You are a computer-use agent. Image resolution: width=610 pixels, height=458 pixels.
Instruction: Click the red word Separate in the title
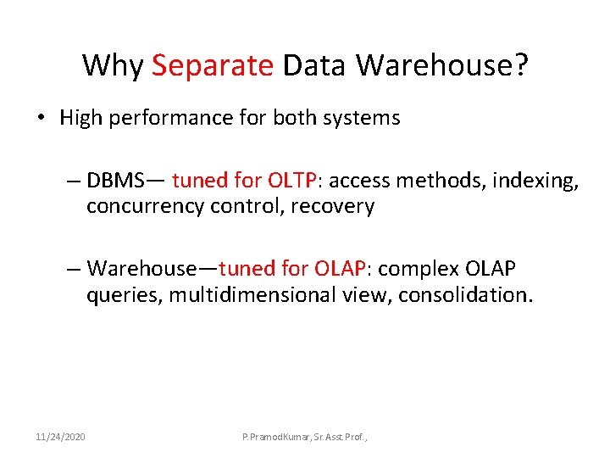[x=213, y=65]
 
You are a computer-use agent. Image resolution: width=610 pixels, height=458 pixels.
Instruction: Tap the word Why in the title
[x=113, y=65]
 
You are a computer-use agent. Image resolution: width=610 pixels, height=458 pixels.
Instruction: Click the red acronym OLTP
[x=292, y=180]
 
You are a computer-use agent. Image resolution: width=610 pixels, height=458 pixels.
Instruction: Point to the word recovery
[x=332, y=206]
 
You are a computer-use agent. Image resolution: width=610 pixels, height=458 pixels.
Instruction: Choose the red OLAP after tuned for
[x=340, y=269]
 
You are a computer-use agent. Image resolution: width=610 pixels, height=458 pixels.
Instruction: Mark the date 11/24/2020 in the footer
[x=60, y=437]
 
